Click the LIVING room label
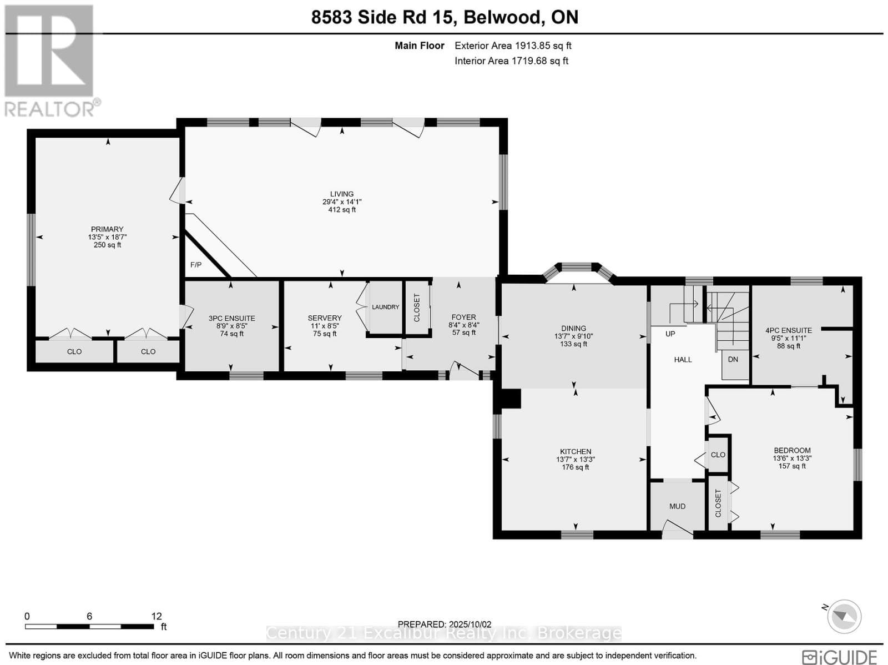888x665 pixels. point(342,194)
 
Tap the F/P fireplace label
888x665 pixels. point(196,265)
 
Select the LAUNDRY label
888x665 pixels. point(386,307)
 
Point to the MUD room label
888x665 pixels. point(677,506)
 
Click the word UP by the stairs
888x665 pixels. point(670,334)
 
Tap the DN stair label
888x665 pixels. point(733,359)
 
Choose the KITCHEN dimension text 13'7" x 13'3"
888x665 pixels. point(576,460)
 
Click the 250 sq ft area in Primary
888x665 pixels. point(107,245)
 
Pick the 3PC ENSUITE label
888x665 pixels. point(232,318)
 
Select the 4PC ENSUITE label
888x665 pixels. point(789,330)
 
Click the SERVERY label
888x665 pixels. point(325,318)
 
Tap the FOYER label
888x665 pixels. point(463,318)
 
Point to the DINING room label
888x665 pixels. point(574,329)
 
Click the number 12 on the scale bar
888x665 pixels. point(157,616)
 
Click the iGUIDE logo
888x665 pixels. point(840,657)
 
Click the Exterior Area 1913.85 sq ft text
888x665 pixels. point(513,46)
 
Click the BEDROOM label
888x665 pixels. point(792,451)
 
